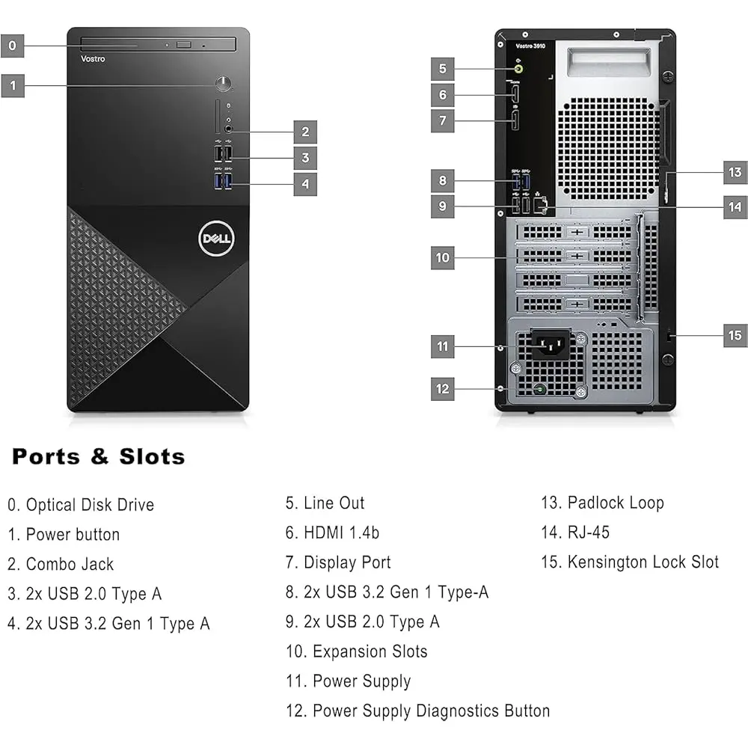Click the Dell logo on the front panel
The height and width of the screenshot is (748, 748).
click(216, 239)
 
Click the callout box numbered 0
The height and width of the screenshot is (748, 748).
click(12, 46)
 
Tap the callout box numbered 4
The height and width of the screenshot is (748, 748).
click(304, 183)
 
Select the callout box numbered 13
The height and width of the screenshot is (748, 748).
click(735, 172)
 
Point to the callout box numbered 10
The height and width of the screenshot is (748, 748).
click(443, 257)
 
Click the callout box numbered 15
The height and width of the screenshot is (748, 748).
click(735, 335)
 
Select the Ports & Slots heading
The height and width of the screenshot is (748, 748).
click(98, 456)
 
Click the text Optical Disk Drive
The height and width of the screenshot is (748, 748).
click(90, 505)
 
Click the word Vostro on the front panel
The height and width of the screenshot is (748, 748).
click(93, 59)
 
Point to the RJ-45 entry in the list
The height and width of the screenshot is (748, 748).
click(575, 533)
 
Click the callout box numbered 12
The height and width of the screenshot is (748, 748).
click(443, 388)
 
